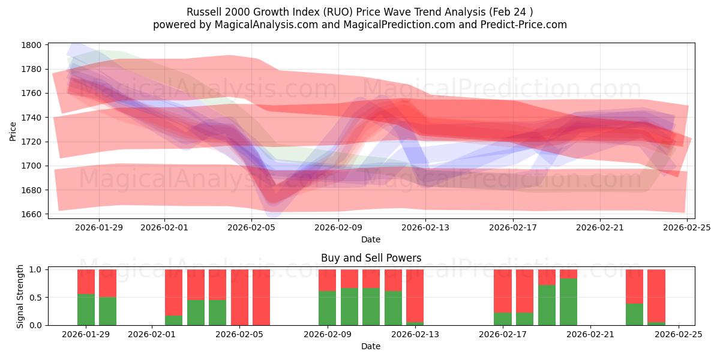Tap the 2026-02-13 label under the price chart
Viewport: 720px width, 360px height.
tap(425, 228)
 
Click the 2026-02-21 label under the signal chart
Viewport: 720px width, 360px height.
tap(590, 335)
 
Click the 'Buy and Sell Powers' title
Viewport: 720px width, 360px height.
tap(371, 258)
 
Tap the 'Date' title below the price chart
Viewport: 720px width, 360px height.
tap(371, 239)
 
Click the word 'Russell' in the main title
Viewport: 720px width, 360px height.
tap(204, 12)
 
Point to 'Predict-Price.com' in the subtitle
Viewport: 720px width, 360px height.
tap(525, 25)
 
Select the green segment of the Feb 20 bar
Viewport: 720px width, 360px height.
tap(568, 302)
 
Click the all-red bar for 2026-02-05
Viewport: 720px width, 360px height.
tap(239, 297)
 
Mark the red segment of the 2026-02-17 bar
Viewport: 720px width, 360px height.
tap(503, 291)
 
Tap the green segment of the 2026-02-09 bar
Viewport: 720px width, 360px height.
tap(328, 308)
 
